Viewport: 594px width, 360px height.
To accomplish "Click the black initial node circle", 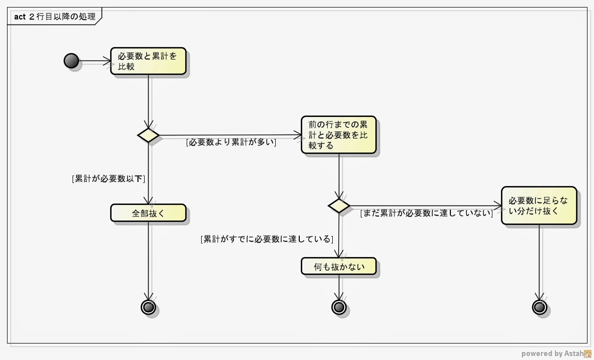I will click(x=72, y=61).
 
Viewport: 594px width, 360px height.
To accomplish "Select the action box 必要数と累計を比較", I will click(x=148, y=61).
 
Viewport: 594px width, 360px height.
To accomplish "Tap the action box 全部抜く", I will click(x=148, y=213).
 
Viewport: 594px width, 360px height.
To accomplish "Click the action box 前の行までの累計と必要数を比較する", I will click(x=339, y=134).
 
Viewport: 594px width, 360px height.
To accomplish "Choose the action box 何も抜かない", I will click(x=339, y=266).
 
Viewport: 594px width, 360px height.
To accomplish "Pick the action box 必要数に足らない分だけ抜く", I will click(x=539, y=205).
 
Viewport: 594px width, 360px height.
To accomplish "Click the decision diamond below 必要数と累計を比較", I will click(x=148, y=135).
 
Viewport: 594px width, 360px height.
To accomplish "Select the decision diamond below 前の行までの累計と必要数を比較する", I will click(x=339, y=205).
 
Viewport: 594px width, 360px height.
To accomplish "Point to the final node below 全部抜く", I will click(x=148, y=306).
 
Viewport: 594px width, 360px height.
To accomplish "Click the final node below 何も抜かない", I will click(x=339, y=306).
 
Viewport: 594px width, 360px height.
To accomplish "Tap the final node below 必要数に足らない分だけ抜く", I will click(x=539, y=306).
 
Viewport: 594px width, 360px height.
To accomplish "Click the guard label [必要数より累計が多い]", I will click(x=231, y=142).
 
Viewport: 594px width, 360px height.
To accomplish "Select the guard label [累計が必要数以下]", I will click(x=112, y=178).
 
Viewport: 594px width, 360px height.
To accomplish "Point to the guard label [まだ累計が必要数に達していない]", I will click(x=426, y=213).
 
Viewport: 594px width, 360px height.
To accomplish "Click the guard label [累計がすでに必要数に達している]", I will click(x=266, y=239).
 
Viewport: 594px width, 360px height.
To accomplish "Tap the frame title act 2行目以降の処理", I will click(x=55, y=17).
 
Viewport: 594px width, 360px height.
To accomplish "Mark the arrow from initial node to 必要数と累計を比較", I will click(x=95, y=61).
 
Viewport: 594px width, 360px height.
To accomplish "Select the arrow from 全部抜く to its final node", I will click(x=149, y=260).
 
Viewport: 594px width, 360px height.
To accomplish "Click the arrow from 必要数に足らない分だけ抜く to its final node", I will click(x=539, y=262).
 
